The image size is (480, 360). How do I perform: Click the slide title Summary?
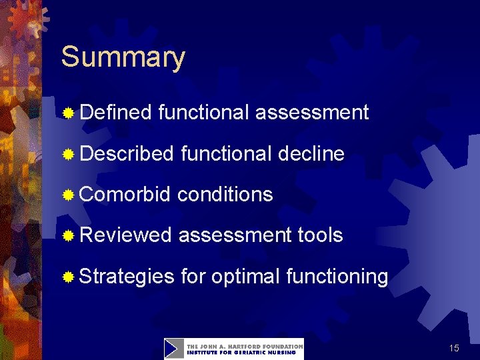(x=123, y=59)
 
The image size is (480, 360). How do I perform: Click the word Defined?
(x=115, y=113)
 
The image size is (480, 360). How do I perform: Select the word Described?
(x=126, y=154)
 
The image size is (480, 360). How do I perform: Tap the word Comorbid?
(x=125, y=195)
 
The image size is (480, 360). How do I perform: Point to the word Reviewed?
(x=125, y=235)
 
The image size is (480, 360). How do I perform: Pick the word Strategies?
(x=126, y=276)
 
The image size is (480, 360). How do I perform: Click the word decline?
(x=311, y=154)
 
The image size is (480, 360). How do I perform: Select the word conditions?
(x=225, y=195)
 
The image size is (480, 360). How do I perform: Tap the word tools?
(x=320, y=235)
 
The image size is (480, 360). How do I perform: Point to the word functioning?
(x=337, y=276)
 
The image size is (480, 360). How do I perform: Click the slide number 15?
(x=454, y=348)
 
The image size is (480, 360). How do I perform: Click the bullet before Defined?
(x=68, y=113)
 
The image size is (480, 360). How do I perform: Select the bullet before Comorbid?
(x=68, y=195)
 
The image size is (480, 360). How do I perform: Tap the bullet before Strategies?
(x=68, y=277)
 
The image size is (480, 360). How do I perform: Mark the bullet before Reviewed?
(x=68, y=236)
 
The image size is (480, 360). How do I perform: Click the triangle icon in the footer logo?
(x=174, y=349)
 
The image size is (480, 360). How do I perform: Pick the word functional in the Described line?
(x=226, y=154)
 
